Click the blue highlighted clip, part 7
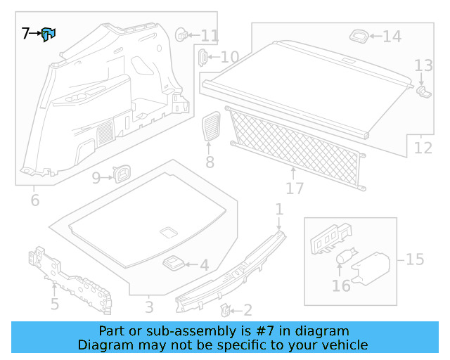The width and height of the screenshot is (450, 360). (x=48, y=34)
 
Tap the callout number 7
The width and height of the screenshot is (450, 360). (x=26, y=33)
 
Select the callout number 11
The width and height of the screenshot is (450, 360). (x=210, y=35)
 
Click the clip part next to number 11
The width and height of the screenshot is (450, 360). (x=181, y=33)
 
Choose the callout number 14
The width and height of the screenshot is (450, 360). (x=392, y=37)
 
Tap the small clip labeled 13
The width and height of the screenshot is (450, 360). (x=423, y=90)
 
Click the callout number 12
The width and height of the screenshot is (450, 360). (x=423, y=148)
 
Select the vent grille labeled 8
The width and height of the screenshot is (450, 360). (x=211, y=127)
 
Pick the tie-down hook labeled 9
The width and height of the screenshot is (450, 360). (x=123, y=172)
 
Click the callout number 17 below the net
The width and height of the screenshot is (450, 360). (x=295, y=188)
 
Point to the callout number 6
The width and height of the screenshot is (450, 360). (x=35, y=201)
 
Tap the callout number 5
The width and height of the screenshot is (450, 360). (x=54, y=304)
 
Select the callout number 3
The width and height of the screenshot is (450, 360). (x=149, y=307)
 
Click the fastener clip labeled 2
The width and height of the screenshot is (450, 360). (x=226, y=309)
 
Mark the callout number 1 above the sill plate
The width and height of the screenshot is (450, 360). (x=279, y=209)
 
